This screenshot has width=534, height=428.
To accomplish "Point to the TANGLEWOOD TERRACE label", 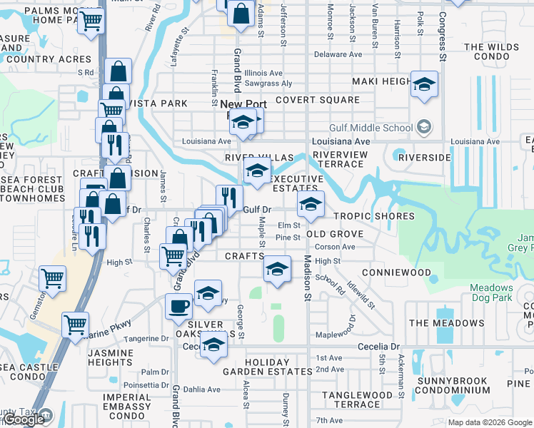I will click(357, 399).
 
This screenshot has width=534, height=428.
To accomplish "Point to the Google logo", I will click(24, 419).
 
